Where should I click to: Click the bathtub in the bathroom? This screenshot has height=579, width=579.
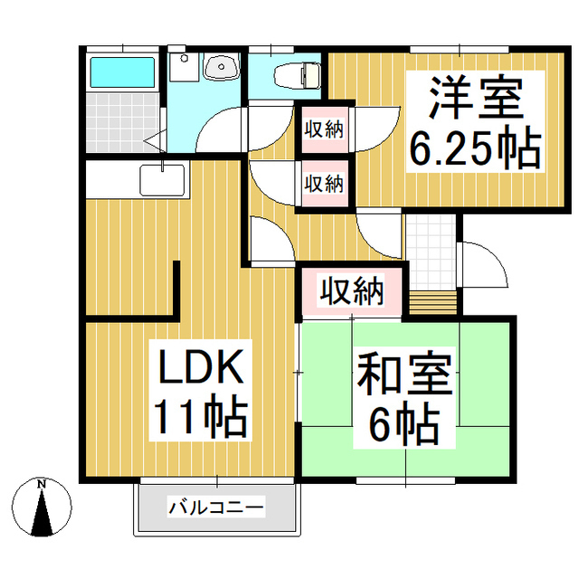(x=123, y=71)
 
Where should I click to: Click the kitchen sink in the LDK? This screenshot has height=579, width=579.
(x=162, y=179)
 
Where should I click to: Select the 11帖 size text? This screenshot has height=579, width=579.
(x=201, y=418)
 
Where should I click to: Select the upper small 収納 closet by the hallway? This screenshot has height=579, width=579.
(x=322, y=128)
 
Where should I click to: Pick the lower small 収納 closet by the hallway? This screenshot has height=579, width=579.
(x=322, y=183)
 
